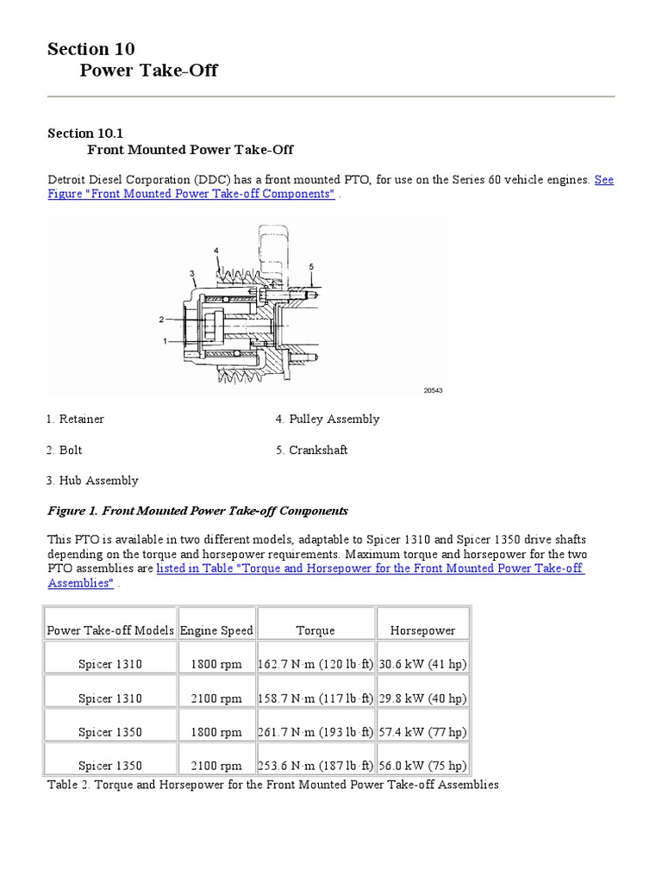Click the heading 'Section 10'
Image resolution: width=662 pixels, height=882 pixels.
91,49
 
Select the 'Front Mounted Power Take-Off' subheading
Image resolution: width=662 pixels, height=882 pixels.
190,150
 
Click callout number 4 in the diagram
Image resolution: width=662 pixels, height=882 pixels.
217,250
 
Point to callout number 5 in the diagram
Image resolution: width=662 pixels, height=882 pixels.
311,266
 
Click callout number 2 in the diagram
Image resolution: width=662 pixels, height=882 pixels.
161,319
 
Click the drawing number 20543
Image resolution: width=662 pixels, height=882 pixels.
432,390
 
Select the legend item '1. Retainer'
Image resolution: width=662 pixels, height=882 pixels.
76,419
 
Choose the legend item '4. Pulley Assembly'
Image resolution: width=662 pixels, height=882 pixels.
328,419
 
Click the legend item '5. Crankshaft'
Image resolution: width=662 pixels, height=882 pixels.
311,450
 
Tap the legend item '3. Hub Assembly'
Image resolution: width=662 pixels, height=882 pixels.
92,481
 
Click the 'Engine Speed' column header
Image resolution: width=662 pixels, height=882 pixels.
216,630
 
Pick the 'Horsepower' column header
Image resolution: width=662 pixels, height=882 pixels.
422,630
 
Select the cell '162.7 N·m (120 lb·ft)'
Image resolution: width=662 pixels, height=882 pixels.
315,664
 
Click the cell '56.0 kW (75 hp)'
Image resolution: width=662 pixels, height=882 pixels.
422,766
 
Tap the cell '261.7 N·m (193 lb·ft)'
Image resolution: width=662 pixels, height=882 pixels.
315,732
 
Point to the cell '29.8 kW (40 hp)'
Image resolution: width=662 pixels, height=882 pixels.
422,699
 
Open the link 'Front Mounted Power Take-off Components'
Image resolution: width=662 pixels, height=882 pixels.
191,195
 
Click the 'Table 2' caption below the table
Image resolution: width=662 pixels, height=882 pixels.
272,786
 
